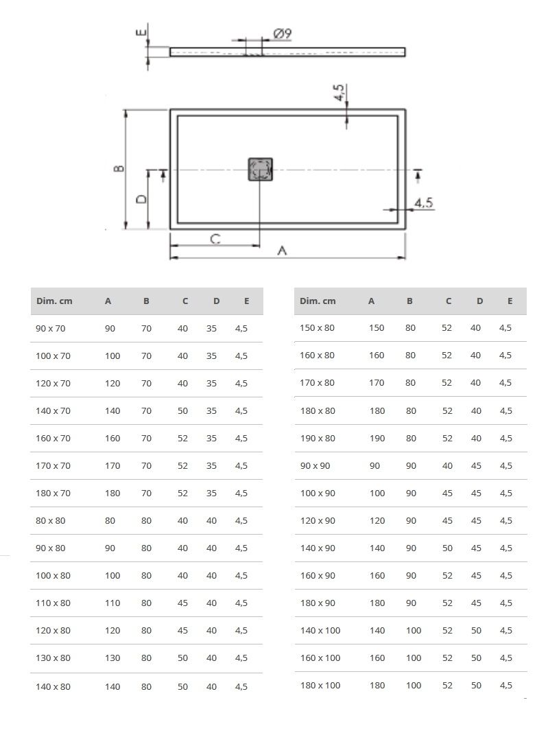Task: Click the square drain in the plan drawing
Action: [261, 170]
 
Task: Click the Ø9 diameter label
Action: [283, 34]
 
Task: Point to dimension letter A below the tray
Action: [283, 251]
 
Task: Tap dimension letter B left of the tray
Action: [119, 169]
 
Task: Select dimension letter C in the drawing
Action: [215, 238]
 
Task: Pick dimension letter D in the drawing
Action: [141, 199]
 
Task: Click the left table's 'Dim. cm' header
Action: [54, 301]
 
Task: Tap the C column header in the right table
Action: [449, 301]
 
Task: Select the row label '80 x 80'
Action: [51, 520]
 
